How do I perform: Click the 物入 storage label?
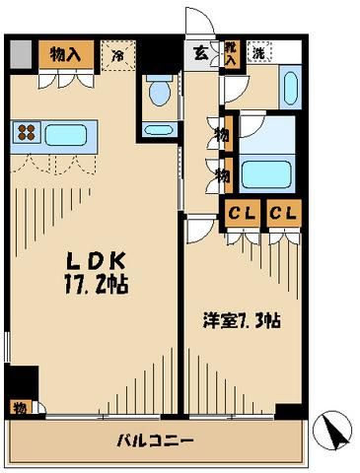(65, 54)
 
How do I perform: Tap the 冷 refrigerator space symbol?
(118, 56)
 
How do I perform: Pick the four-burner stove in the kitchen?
(27, 132)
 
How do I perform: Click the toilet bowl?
(158, 92)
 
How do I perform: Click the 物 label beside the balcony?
(19, 407)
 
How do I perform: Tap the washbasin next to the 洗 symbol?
(289, 89)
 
